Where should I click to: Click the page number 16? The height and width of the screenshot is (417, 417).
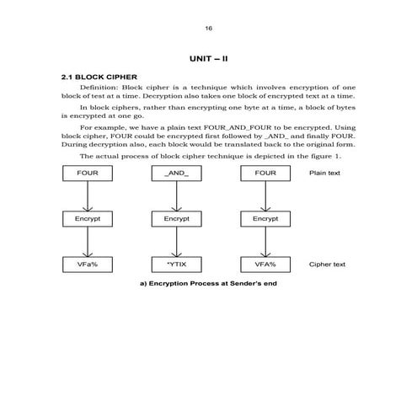pos(208,29)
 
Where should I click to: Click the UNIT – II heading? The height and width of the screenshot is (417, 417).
pos(208,60)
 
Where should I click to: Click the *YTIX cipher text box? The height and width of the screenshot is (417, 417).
pos(176,264)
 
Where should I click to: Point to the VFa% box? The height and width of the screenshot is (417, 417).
pos(88,264)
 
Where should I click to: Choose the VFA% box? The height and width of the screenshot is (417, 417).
pos(265,264)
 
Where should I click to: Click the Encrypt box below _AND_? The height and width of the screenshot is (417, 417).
pos(176,218)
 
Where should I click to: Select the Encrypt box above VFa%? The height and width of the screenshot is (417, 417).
pos(88,218)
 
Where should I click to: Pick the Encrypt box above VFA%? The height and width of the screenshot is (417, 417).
pos(265,218)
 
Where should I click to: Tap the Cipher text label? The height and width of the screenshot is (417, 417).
pos(327,264)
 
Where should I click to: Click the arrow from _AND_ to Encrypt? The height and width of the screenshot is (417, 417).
pos(176,195)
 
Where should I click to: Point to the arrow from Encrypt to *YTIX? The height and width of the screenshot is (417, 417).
pos(176,241)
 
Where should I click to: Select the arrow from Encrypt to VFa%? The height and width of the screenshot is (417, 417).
pos(88,241)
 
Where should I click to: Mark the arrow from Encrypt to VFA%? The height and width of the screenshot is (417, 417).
pos(265,241)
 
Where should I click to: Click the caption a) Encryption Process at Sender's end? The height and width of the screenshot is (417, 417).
pos(208,283)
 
